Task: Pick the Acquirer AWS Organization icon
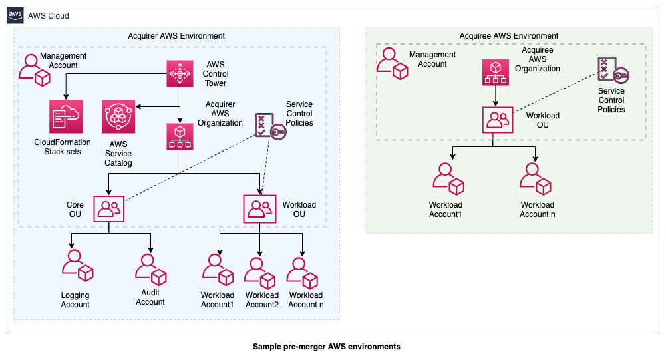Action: click(x=180, y=136)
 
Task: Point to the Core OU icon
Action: click(x=109, y=209)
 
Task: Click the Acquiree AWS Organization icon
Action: click(x=496, y=73)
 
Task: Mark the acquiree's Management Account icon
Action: click(x=392, y=63)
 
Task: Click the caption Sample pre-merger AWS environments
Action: click(x=326, y=347)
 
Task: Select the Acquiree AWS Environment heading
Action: click(x=509, y=36)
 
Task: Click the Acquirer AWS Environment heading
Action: click(x=176, y=36)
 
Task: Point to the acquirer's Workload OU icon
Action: click(x=259, y=209)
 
